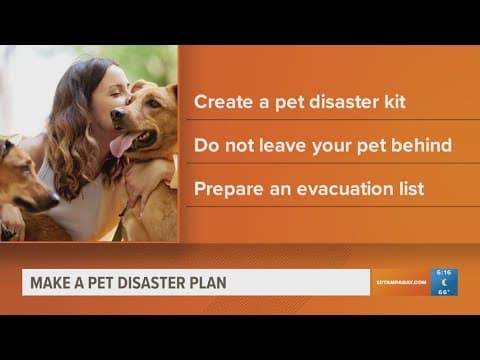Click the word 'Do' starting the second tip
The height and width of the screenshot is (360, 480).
pos(205,144)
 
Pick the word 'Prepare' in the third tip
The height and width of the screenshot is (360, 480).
pos(226,188)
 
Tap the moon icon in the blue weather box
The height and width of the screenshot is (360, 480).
pos(444,282)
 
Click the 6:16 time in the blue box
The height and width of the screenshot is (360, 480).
pos(444,271)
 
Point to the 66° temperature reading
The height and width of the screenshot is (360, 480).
pos(444,293)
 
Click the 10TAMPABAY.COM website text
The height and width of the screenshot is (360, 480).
pos(401,283)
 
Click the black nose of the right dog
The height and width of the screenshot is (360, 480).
pos(117,118)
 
